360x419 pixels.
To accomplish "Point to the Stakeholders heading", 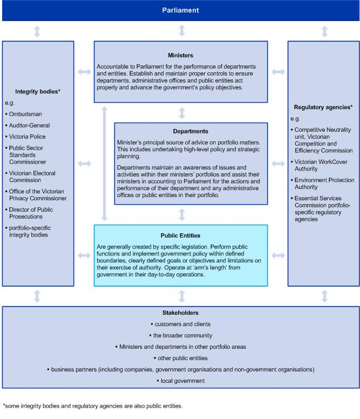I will pyautogui.click(x=180, y=313).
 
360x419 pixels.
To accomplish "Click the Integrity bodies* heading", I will pyautogui.click(x=37, y=92).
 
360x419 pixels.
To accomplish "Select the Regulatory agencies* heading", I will pyautogui.click(x=324, y=107).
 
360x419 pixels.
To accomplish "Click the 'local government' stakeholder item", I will pyautogui.click(x=181, y=381).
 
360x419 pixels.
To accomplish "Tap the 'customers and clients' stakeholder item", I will pyautogui.click(x=181, y=324).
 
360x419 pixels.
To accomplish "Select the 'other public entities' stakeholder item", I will pyautogui.click(x=181, y=358).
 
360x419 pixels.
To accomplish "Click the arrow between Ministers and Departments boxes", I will pyautogui.click(x=182, y=113).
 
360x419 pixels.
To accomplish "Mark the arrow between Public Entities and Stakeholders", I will pyautogui.click(x=182, y=296).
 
